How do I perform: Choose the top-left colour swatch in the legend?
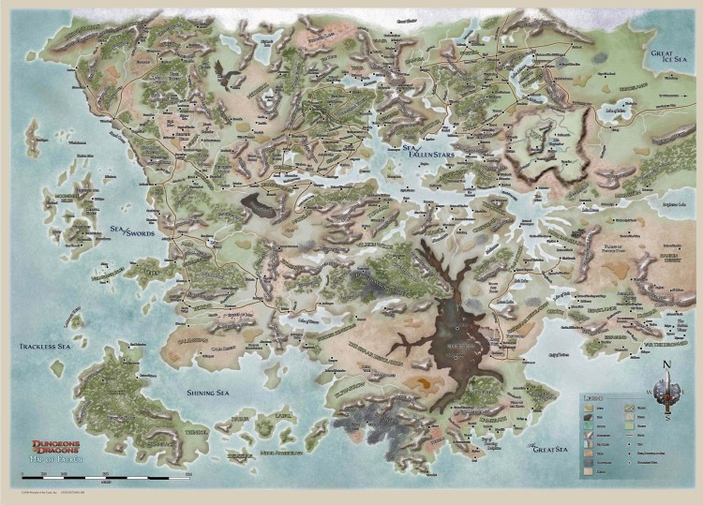tap(588, 408)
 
